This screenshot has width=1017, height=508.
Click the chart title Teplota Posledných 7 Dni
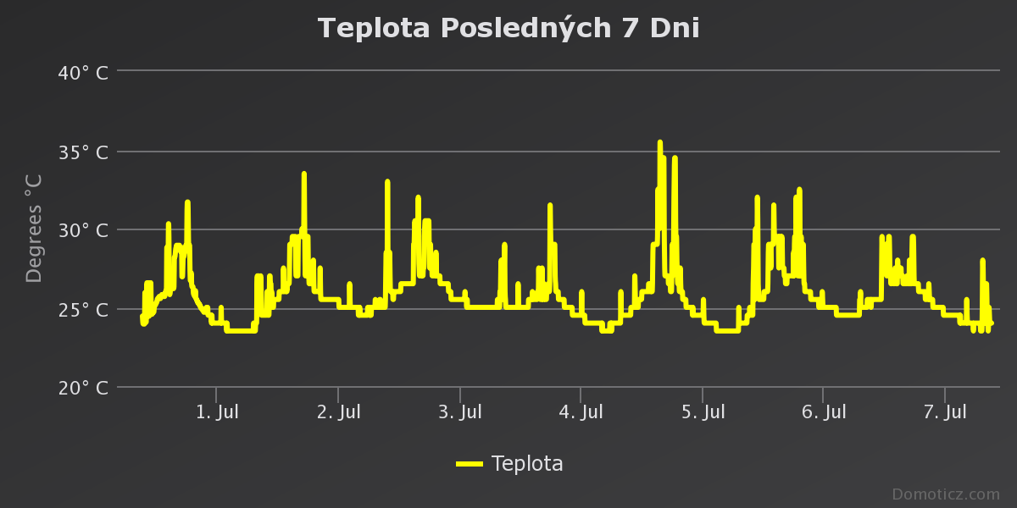tap(508, 28)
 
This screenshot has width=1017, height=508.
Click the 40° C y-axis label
tap(83, 73)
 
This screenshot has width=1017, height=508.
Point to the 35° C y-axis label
tap(83, 152)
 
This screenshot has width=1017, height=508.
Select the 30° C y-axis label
tap(83, 230)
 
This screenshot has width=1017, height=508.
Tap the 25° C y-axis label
tap(83, 309)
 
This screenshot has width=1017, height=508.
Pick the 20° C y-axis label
tap(83, 388)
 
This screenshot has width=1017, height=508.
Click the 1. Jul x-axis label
tap(217, 412)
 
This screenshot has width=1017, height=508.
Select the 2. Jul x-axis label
tap(338, 412)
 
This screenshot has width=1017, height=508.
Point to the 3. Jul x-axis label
tap(459, 412)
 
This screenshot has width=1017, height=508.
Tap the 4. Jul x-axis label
tap(581, 412)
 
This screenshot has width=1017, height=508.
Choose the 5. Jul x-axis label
tap(703, 412)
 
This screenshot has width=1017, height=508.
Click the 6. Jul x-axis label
tap(824, 412)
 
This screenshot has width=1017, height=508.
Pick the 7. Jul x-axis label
tap(945, 412)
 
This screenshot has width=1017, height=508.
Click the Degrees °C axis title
tap(34, 229)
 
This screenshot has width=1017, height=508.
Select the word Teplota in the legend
tap(527, 464)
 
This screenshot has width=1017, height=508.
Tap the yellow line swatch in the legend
tap(469, 464)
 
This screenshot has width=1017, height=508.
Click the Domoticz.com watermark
tap(946, 494)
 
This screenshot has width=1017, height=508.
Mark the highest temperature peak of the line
tap(659, 142)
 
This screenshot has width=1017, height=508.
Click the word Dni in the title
tap(675, 28)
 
